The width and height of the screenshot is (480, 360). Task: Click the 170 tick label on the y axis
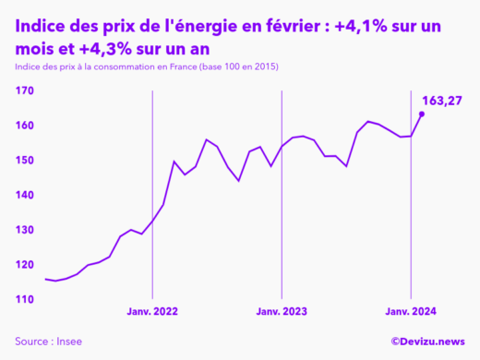pyautogui.click(x=24, y=90)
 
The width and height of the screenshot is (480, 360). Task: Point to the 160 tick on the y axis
pyautogui.click(x=24, y=126)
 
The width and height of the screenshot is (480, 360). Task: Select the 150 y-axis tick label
pyautogui.click(x=24, y=161)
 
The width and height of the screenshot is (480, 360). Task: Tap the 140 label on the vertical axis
pyautogui.click(x=24, y=196)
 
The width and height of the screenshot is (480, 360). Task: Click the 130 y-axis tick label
pyautogui.click(x=24, y=231)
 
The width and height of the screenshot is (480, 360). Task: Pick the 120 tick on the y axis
pyautogui.click(x=24, y=266)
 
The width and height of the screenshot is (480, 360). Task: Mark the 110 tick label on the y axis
pyautogui.click(x=24, y=300)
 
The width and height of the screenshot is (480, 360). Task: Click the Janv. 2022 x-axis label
pyautogui.click(x=152, y=313)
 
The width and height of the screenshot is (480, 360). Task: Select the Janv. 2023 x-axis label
pyautogui.click(x=282, y=313)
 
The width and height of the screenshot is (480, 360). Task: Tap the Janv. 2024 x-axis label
pyautogui.click(x=411, y=313)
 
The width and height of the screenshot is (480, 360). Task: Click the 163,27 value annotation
pyautogui.click(x=441, y=100)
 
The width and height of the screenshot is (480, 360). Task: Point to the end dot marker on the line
pyautogui.click(x=422, y=114)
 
